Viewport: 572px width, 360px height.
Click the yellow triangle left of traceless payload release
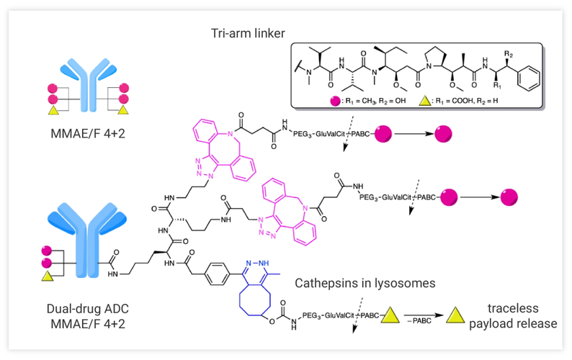coord(455,315)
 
